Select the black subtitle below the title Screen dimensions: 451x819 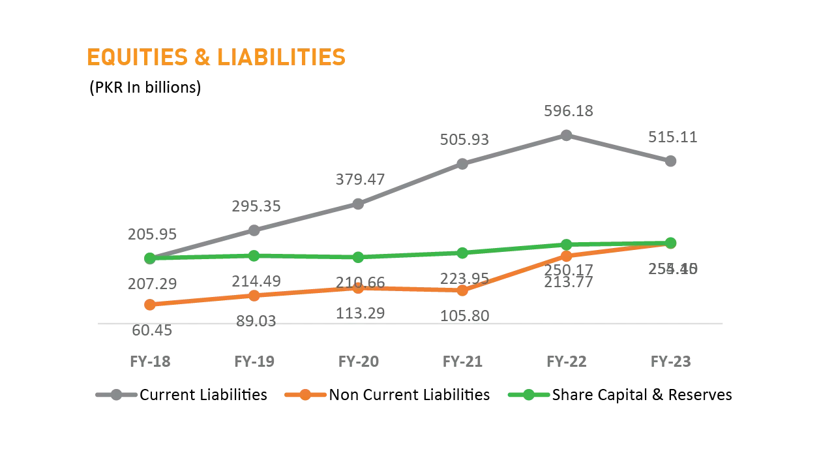[x=145, y=88]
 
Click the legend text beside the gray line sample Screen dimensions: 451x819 [x=203, y=396]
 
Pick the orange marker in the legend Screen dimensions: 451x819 [x=305, y=395]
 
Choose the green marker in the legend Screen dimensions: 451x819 [x=528, y=395]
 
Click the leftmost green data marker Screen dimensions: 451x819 [x=149, y=258]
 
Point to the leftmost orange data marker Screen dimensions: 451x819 [x=149, y=304]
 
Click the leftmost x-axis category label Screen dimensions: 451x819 [x=151, y=363]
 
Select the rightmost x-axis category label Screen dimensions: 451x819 [x=670, y=363]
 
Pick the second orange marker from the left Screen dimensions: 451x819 [x=254, y=296]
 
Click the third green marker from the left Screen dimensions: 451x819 [x=357, y=258]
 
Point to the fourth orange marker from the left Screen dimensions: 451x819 [x=462, y=290]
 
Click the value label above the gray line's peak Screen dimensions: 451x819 [x=568, y=112]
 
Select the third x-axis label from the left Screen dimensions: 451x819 [x=359, y=363]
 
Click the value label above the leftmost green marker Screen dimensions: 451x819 [x=151, y=233]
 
